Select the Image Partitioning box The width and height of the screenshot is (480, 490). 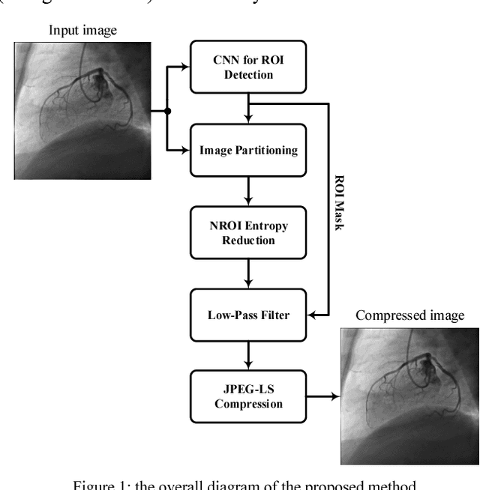[x=248, y=150]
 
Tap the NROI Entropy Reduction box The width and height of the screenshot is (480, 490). [x=248, y=233]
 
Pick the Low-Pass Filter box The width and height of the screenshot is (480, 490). [x=248, y=315]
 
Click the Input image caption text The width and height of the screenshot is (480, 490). [x=82, y=31]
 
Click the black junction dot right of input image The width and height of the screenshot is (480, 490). [x=168, y=111]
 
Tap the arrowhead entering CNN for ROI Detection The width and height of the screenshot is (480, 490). [x=186, y=67]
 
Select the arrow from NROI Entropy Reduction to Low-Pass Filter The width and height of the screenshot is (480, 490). [x=248, y=273]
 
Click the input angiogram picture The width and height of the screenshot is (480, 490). [x=82, y=110]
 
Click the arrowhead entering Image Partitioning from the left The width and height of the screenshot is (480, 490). [x=186, y=150]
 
